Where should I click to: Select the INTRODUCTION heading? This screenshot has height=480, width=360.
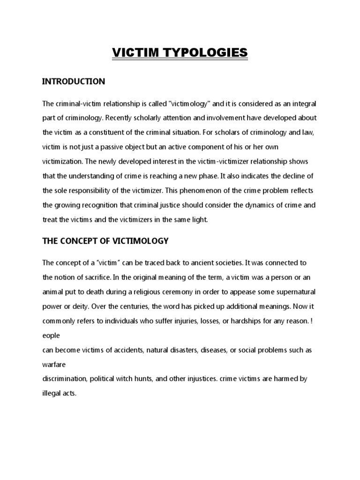coord(74,82)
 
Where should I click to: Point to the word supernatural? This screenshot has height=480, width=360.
coord(294,292)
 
